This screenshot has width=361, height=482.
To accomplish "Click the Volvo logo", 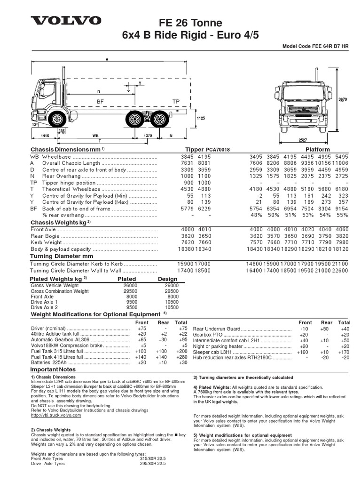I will click(x=66, y=21).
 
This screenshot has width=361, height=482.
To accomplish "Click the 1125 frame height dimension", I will click(x=201, y=119).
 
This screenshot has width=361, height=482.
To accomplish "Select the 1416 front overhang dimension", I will click(x=45, y=135).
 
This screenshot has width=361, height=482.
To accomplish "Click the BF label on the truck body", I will click(x=100, y=101).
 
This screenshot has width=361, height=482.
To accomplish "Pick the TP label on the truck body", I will click(x=176, y=101).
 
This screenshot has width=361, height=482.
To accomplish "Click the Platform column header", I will click(x=318, y=149).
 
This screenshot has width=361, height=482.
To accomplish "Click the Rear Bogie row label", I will click(x=44, y=236).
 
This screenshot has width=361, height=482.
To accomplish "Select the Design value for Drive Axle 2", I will click(x=171, y=307).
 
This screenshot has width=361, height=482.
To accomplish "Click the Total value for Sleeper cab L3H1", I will click(x=345, y=351).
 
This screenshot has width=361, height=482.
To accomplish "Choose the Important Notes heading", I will click(x=53, y=370).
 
